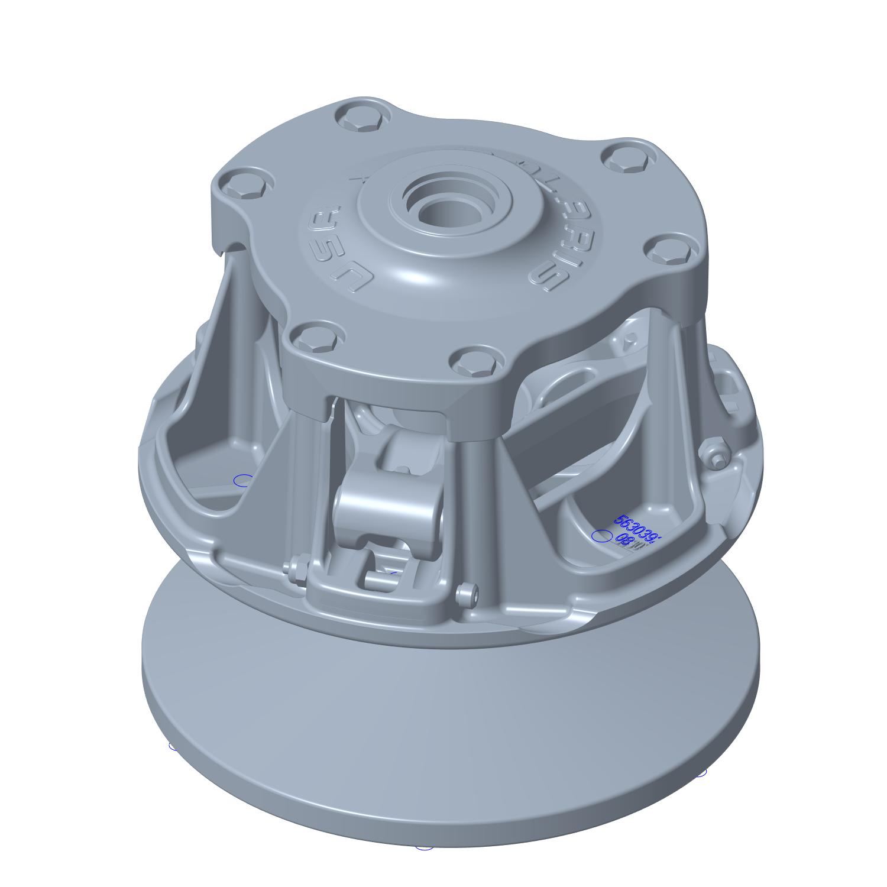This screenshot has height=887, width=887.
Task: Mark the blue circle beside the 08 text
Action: point(602,536)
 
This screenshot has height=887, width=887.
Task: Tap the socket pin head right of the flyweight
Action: point(468,593)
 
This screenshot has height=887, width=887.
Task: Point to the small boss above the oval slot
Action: point(630,339)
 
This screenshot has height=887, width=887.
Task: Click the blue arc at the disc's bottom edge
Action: point(424,848)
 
